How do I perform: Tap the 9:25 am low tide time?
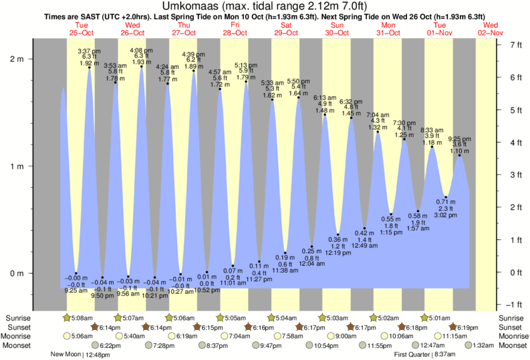75,291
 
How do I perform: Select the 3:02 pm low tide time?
446,215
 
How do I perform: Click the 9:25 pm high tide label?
459,139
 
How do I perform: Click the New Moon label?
68,355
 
